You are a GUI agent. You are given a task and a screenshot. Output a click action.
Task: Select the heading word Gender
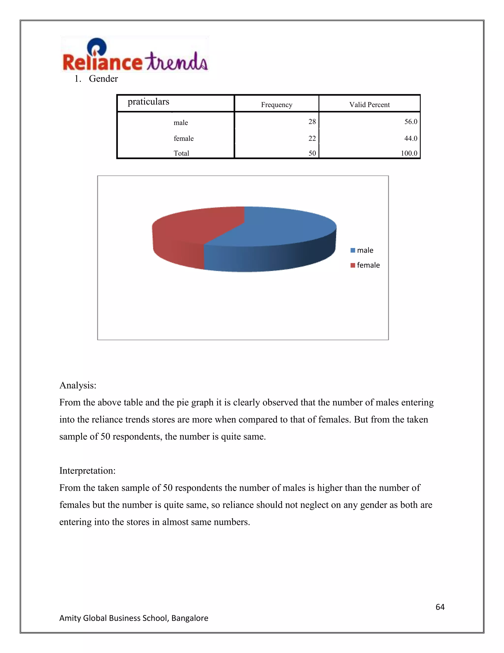103,79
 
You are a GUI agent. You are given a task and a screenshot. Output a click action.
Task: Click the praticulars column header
148,102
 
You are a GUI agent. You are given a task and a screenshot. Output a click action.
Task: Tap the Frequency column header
276,105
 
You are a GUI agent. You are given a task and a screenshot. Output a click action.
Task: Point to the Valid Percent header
369,105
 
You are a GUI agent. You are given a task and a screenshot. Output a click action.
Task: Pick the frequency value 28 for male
312,122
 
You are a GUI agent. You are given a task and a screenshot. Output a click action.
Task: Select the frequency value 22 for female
312,138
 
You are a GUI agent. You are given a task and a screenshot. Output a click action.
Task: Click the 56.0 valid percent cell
410,122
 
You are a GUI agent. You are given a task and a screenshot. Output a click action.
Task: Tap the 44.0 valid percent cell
410,138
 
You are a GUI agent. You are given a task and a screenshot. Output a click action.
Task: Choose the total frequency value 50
312,153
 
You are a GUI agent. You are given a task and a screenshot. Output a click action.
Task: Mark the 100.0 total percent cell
409,153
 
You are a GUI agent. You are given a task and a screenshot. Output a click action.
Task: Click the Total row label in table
181,153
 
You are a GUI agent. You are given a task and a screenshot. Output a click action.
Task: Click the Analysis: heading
78,385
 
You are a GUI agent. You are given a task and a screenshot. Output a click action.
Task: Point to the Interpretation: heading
87,471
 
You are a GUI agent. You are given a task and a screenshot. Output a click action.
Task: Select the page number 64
440,607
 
